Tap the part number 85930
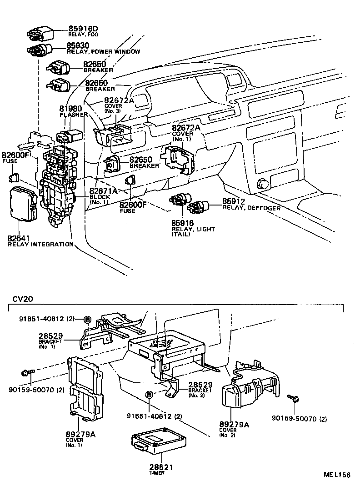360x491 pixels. (79, 46)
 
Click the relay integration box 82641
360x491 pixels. (23, 204)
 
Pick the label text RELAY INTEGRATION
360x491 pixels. (40, 245)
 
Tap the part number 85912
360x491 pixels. (234, 201)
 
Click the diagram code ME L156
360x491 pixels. (337, 475)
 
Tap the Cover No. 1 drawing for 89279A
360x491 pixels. (85, 386)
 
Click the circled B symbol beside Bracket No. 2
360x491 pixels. (149, 396)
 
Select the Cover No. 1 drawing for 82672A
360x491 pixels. (178, 158)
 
